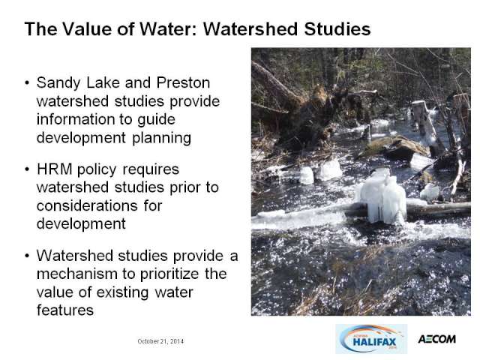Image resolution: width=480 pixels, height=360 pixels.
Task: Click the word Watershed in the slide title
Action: (x=250, y=29)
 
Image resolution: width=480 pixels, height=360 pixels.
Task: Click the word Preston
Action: (x=183, y=82)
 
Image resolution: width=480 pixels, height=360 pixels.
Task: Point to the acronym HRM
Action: (x=55, y=169)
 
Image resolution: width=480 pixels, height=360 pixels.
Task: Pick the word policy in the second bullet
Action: (x=97, y=170)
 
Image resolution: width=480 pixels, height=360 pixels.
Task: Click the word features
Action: (x=65, y=310)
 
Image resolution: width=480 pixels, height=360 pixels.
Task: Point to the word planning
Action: (x=162, y=139)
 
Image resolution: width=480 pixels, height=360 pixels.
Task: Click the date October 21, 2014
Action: (x=160, y=341)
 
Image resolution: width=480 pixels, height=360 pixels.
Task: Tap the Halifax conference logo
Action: (x=371, y=339)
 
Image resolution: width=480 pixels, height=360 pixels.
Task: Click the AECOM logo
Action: (x=436, y=339)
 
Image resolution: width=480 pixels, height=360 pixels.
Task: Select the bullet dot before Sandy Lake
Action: (x=28, y=82)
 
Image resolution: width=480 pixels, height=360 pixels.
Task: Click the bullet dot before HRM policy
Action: (x=28, y=169)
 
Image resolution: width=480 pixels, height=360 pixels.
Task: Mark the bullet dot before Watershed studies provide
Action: (x=28, y=256)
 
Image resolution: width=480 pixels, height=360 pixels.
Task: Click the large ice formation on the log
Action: (x=383, y=196)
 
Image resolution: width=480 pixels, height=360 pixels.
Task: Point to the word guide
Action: (x=156, y=120)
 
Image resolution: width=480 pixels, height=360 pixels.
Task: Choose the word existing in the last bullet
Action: (x=122, y=292)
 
